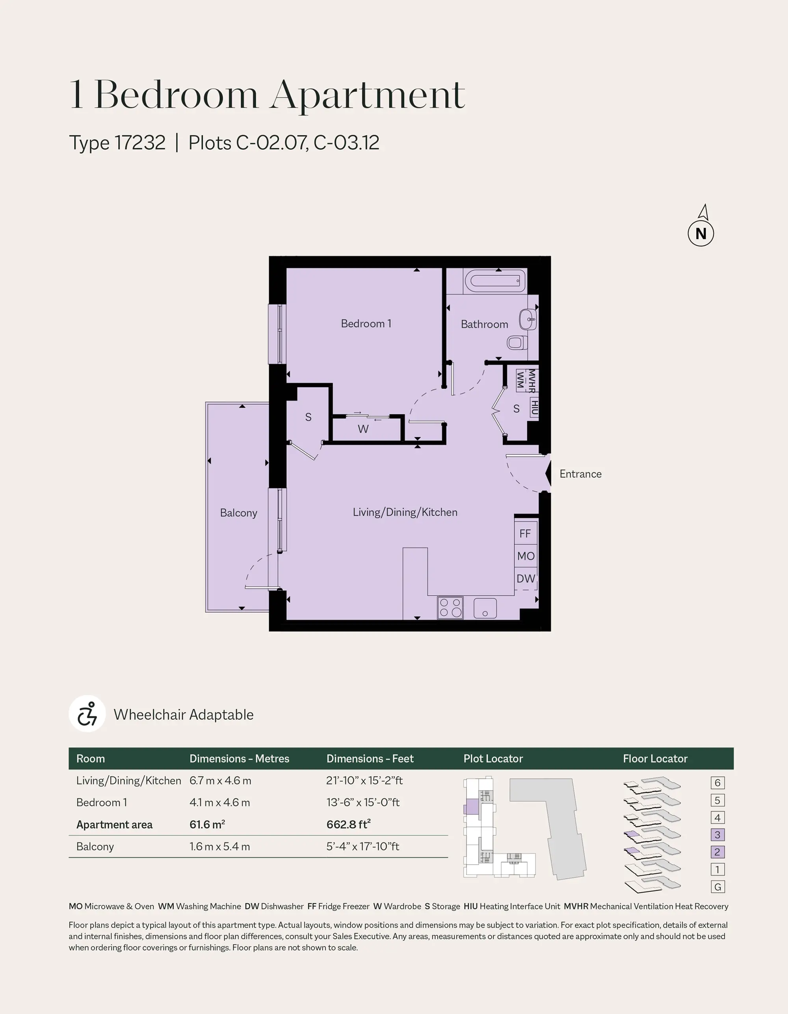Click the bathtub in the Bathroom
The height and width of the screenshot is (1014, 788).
(x=495, y=281)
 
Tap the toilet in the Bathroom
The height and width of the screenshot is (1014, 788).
(x=517, y=343)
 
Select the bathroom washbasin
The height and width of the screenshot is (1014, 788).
(x=528, y=319)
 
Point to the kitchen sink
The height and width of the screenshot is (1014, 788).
(x=485, y=608)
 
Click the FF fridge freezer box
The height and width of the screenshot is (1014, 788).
(x=525, y=533)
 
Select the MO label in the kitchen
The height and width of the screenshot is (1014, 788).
(x=526, y=556)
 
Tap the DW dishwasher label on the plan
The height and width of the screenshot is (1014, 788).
(x=526, y=578)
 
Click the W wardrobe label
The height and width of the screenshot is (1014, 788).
(x=363, y=429)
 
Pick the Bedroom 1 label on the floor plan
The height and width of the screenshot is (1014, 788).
(x=366, y=324)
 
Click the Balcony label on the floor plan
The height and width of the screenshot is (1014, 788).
(x=238, y=513)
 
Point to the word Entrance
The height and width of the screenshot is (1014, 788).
(x=580, y=474)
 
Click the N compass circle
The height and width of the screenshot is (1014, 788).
(x=701, y=233)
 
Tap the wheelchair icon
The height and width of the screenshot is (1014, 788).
(x=87, y=714)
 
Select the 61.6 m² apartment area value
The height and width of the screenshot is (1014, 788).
(x=207, y=825)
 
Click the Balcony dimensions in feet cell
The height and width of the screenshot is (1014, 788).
(x=363, y=846)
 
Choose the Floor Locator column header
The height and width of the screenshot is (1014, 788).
(x=655, y=759)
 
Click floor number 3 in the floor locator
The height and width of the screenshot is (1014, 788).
(x=717, y=835)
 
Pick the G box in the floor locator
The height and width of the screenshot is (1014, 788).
(x=717, y=887)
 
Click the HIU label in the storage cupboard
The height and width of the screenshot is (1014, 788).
(x=534, y=407)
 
